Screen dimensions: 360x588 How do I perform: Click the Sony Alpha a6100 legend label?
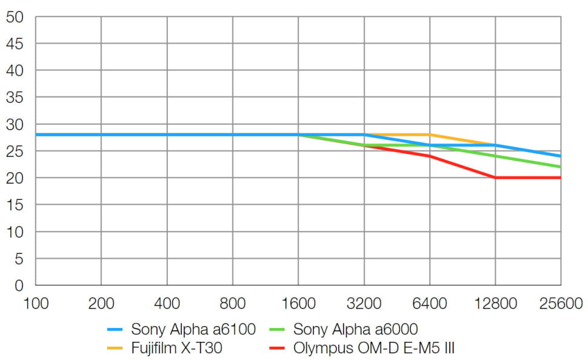point(193,330)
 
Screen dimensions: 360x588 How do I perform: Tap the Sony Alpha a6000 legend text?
point(355,330)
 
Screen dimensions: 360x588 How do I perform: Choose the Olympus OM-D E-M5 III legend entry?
point(374,348)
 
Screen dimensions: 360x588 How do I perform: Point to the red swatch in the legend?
point(278,349)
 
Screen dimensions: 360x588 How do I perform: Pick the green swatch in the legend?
point(278,330)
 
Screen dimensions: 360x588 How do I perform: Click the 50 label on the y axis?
point(15,17)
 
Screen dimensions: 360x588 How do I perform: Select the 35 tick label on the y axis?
point(15,97)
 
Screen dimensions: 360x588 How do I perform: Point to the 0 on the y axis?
point(19,285)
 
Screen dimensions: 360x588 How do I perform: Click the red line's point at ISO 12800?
point(495,178)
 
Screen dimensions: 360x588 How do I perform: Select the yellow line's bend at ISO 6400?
point(429,135)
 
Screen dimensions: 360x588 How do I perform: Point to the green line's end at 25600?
point(560,167)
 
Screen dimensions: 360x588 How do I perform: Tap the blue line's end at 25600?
point(560,156)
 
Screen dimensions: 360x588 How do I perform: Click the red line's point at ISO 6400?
point(429,156)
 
